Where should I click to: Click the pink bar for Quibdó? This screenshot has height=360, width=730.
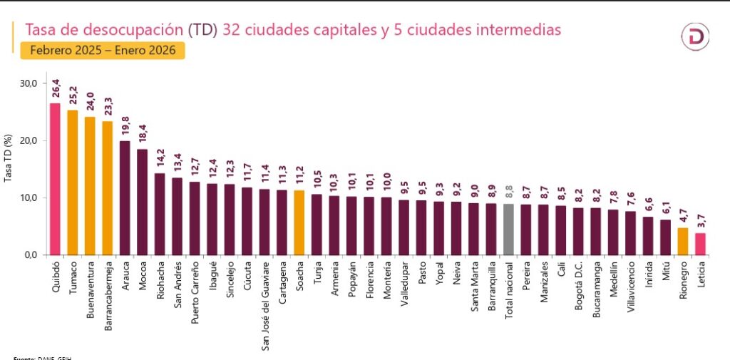pyautogui.click(x=55, y=178)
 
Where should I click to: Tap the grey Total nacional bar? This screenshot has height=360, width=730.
pyautogui.click(x=508, y=229)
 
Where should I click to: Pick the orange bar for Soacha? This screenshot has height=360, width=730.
pyautogui.click(x=299, y=222)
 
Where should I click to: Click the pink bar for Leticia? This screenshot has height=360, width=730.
pyautogui.click(x=701, y=243)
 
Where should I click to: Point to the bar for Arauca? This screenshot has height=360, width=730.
pyautogui.click(x=125, y=197)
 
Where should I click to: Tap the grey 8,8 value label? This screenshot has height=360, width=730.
pyautogui.click(x=508, y=192)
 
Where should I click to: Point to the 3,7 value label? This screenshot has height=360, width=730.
pyautogui.click(x=701, y=221)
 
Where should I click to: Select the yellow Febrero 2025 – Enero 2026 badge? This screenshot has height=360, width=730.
pyautogui.click(x=103, y=51)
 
